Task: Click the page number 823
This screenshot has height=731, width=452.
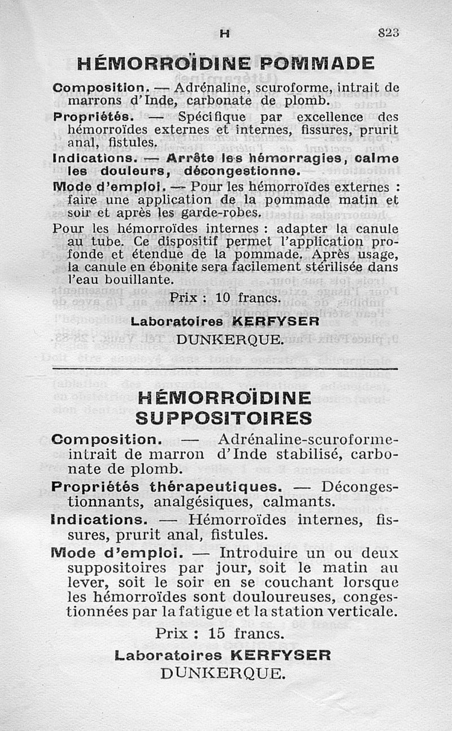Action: [388, 33]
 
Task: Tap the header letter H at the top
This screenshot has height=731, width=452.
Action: [225, 34]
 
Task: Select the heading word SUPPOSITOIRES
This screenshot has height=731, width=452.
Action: [224, 417]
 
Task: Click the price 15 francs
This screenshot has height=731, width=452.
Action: [220, 634]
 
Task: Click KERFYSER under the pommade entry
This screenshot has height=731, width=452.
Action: [277, 321]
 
